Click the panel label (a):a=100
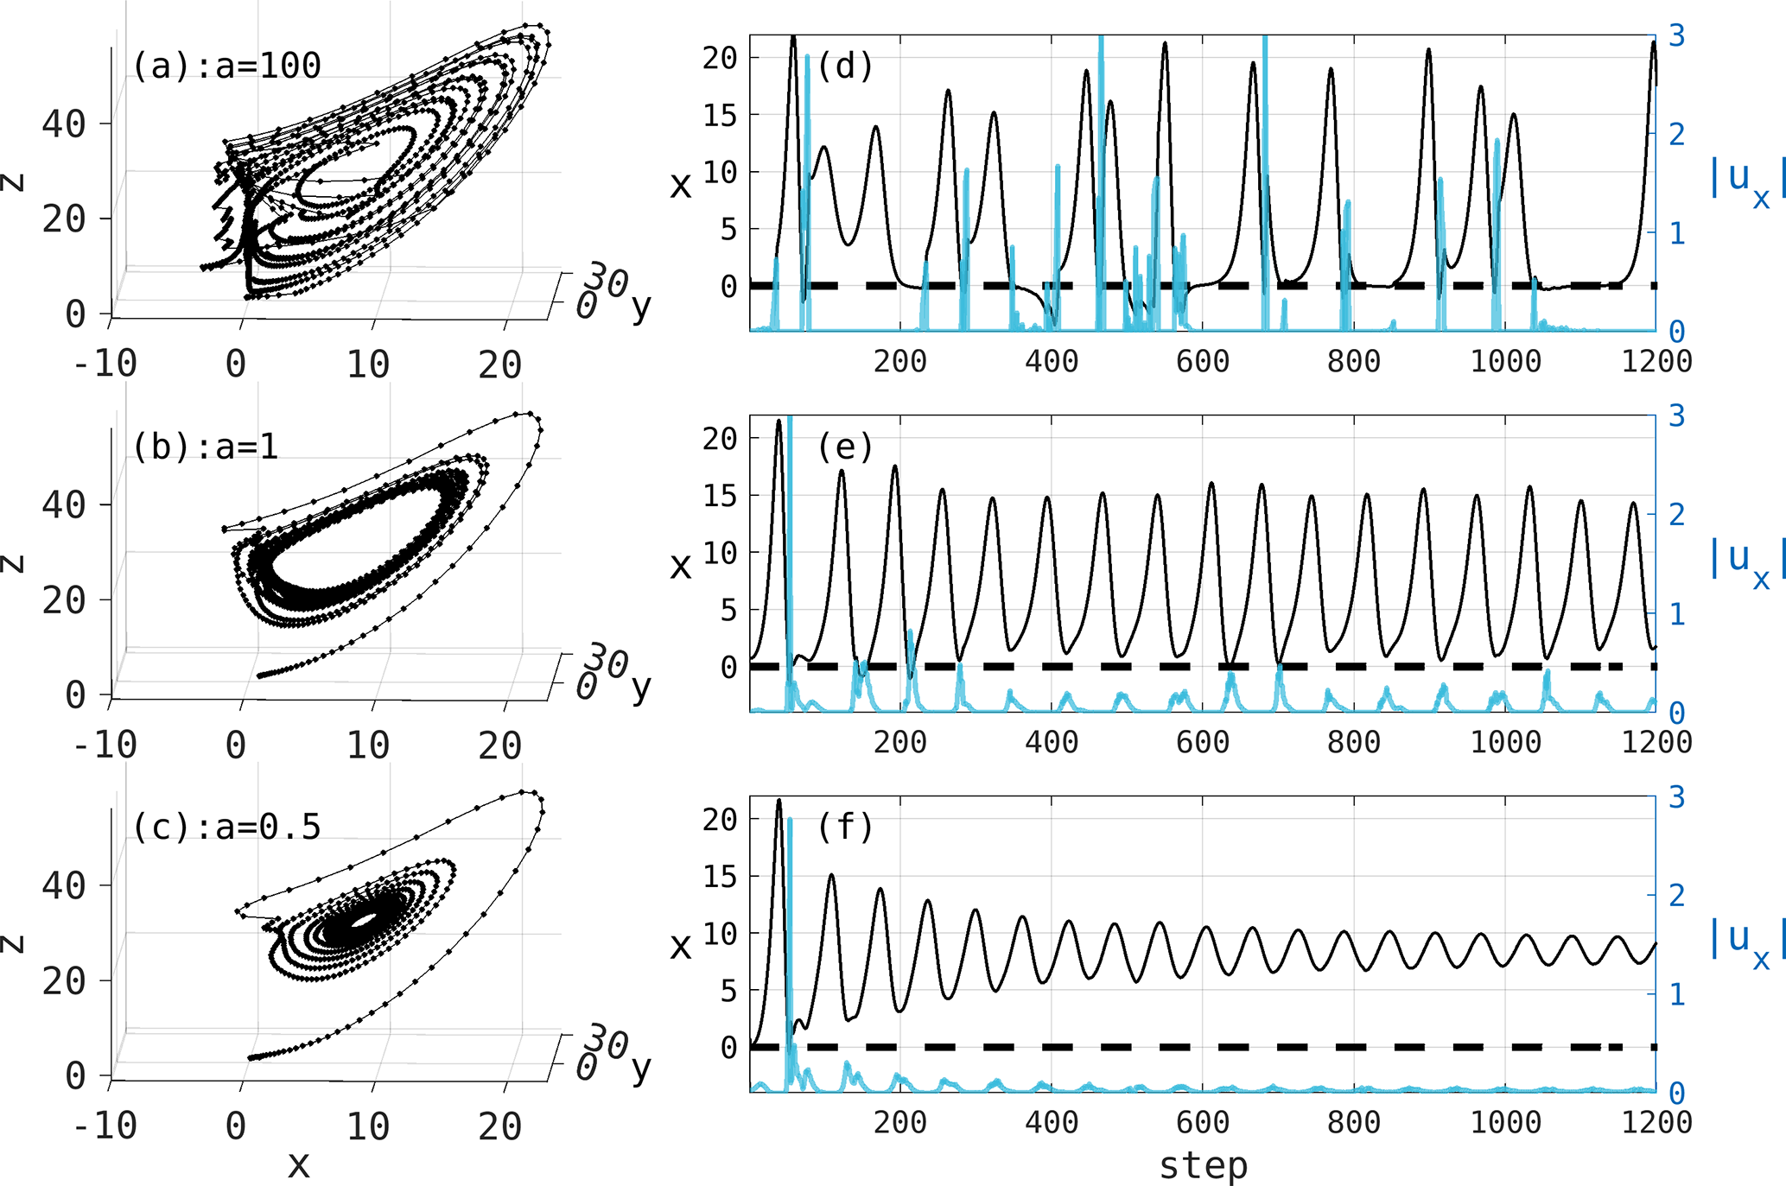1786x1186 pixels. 226,66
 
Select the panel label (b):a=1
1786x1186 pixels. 206,447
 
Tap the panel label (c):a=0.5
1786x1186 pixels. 226,828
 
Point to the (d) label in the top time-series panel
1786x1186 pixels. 845,66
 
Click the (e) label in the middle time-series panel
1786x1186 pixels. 845,447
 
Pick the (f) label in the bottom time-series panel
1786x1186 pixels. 845,828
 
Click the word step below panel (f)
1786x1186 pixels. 1203,1165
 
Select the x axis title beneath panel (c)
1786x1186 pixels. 298,1165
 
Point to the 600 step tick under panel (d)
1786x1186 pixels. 1203,361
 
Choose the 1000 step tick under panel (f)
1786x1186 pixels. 1505,1122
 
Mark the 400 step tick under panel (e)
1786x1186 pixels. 1052,742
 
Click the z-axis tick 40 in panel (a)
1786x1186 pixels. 64,124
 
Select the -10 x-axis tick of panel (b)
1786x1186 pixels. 105,745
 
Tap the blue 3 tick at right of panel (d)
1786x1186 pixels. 1676,36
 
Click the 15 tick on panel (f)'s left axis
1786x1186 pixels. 719,877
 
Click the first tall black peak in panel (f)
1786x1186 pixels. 779,802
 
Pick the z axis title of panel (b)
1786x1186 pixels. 12,563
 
